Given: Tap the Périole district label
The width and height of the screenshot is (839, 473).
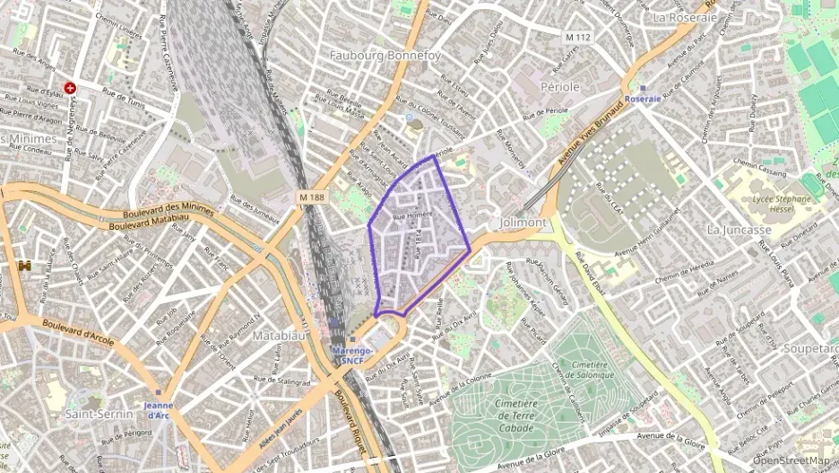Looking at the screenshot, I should click(x=560, y=86).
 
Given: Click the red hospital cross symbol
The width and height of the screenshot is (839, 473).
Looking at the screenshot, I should click(x=70, y=88).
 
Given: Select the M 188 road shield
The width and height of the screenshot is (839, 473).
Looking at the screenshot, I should click(x=311, y=197).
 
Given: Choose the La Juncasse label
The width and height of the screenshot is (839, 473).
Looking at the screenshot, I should click(x=739, y=229).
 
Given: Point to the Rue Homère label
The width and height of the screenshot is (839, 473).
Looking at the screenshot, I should click(x=410, y=215).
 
